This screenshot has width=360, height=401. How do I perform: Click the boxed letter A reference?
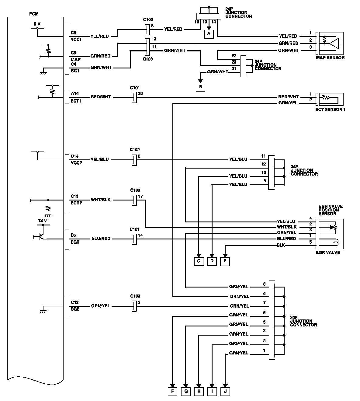pos(209,34)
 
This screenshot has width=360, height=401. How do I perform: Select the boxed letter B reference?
pos(200,87)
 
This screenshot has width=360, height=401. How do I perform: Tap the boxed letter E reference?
pos(225,261)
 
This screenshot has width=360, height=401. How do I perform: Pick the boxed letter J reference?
pos(225,391)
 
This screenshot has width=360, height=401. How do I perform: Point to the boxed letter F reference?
pos(172,391)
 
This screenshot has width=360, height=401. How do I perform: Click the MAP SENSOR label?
pos(330,58)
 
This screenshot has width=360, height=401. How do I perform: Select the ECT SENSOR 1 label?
pos(330,110)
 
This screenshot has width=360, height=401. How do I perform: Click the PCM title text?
pos(34,14)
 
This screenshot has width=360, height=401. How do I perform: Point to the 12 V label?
pos(42,220)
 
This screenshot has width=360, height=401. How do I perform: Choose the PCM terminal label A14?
pos(75,94)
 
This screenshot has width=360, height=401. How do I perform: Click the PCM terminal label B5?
pos(74,235)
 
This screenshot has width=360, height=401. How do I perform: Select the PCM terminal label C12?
pos(75,302)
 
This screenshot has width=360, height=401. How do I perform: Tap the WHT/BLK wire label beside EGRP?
pos(101,200)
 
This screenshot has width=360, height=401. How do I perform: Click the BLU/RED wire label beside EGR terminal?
pos(101,239)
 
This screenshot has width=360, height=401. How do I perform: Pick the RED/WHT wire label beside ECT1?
pos(101,97)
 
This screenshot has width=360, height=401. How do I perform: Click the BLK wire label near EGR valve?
pos(281,245)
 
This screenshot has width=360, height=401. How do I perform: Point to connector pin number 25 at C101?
pos(140,93)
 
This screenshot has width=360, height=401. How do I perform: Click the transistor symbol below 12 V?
pos(40,237)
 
